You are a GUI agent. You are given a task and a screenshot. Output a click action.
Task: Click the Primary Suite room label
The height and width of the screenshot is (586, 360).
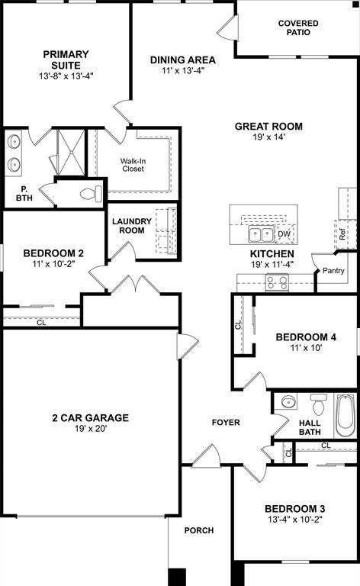[x=66, y=54]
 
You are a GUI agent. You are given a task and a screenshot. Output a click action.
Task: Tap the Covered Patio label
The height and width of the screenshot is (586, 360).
[x=297, y=28]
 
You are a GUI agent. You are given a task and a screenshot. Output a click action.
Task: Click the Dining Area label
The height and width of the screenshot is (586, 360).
[x=182, y=60]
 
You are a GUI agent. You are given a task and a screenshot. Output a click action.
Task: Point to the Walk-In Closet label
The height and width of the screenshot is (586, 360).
[x=138, y=164]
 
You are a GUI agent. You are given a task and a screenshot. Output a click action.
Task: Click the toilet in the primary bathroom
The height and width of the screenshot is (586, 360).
[x=92, y=192]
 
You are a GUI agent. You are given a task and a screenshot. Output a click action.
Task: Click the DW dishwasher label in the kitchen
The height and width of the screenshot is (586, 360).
[x=284, y=234]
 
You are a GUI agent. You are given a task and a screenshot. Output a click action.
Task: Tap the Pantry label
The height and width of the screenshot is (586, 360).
[x=333, y=271]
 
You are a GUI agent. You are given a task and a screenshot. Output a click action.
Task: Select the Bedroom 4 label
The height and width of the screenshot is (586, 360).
[x=306, y=336]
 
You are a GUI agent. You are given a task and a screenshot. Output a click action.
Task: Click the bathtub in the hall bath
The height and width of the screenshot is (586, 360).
[x=346, y=414]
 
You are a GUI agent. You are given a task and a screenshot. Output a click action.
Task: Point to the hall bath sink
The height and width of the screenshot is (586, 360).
[x=288, y=403]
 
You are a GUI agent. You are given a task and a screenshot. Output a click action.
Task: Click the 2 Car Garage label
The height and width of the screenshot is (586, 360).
[x=90, y=417]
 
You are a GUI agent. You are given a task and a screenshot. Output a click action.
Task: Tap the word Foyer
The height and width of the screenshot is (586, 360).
[x=226, y=422]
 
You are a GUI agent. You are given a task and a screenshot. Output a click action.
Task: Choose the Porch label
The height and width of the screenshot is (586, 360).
[x=199, y=530]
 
